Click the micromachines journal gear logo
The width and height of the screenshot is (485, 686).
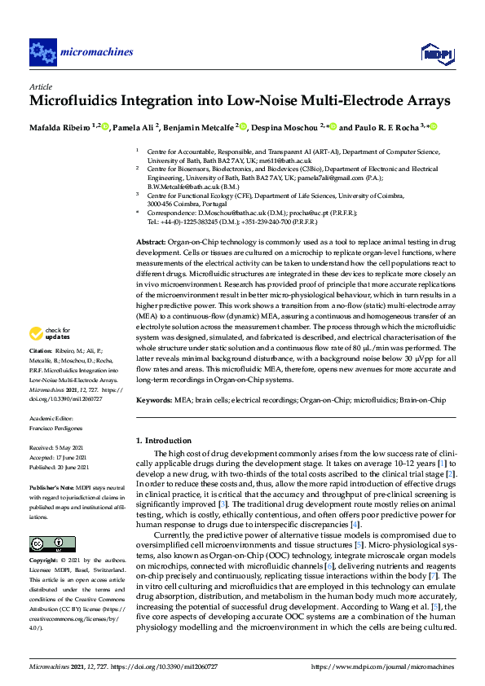pos(42,52)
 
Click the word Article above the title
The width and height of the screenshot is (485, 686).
pos(40,86)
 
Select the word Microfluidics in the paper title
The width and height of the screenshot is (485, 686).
pos(72,101)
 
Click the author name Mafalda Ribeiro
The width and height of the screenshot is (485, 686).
pos(61,127)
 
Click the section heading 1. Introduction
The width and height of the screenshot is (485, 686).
pos(168,440)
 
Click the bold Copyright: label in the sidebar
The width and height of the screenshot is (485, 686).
pos(45,561)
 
